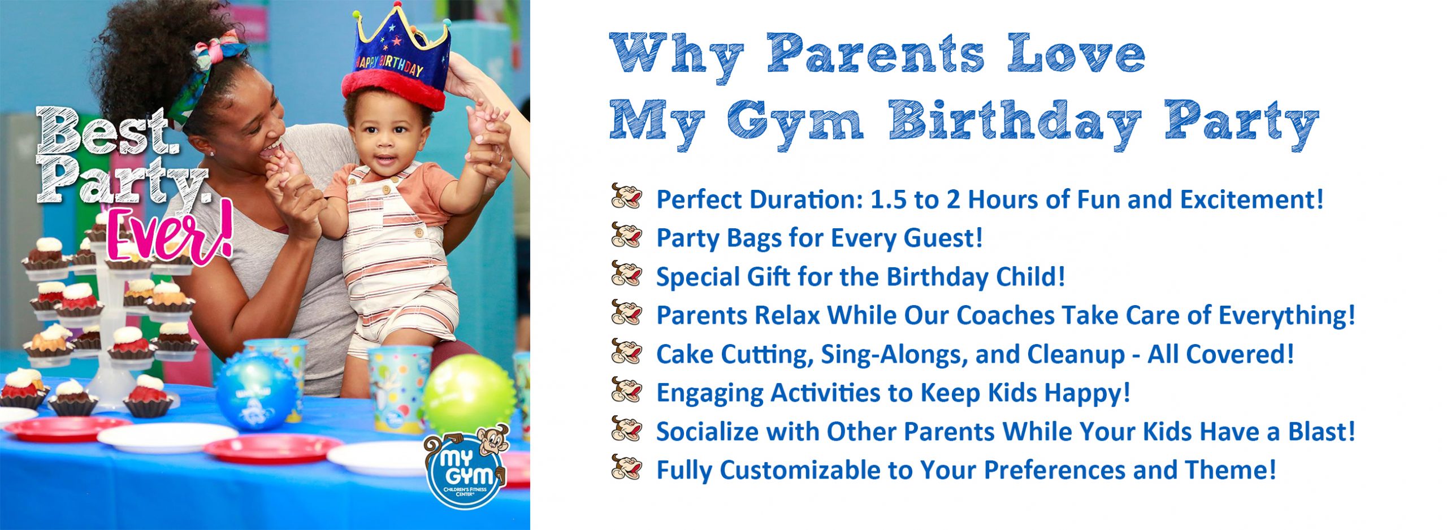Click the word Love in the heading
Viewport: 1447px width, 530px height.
pyautogui.click(x=1076, y=54)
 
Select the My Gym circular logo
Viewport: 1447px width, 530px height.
pyautogui.click(x=465, y=467)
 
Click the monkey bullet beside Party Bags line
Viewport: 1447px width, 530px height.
pyautogui.click(x=626, y=235)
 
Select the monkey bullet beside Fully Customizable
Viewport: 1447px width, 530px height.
pyautogui.click(x=626, y=467)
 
